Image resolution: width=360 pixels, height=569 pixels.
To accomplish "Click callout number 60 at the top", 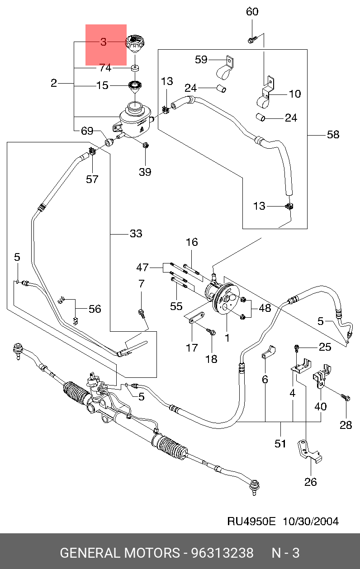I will tap(252, 12).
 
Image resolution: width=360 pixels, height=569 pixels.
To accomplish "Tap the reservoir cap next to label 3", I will tap(134, 44).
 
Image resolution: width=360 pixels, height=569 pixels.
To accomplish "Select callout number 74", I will tap(105, 68).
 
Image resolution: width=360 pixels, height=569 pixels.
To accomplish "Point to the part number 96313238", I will tap(222, 553).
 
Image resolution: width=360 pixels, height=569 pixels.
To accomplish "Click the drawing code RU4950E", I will tap(251, 521).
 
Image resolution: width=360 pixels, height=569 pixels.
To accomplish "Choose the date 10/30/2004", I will tap(310, 521).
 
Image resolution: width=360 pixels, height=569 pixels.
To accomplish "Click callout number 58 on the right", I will tap(333, 135).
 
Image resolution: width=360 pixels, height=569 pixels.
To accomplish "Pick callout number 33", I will tap(136, 234).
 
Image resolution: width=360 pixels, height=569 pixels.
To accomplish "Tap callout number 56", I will tap(95, 309).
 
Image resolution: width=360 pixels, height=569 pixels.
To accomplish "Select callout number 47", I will tap(142, 268).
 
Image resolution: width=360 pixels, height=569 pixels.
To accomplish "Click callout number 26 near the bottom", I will tap(311, 482).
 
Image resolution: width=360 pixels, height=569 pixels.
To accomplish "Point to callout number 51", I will tap(280, 444).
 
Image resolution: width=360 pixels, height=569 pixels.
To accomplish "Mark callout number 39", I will tap(145, 172).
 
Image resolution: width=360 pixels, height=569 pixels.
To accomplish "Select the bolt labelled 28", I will tap(346, 398).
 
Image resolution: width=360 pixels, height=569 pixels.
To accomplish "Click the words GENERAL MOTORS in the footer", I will tap(120, 553).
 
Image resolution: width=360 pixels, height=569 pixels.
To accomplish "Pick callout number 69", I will tap(87, 131).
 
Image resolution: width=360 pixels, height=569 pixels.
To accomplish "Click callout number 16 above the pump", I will tap(192, 242).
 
